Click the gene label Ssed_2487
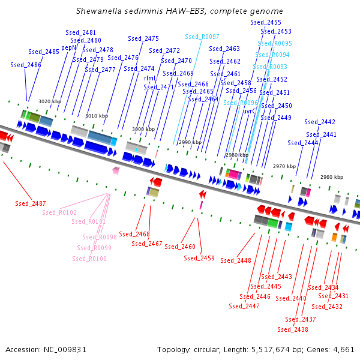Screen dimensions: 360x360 [x=31, y=203]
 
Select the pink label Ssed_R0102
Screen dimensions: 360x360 [x=59, y=212]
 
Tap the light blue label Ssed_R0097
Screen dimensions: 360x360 [x=202, y=37]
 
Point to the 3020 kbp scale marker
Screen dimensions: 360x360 [x=50, y=102]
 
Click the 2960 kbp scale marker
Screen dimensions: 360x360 [x=331, y=177]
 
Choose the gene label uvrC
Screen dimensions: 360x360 [x=250, y=111]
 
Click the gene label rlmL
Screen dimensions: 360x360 [x=151, y=78]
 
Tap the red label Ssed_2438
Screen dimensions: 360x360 [x=293, y=329]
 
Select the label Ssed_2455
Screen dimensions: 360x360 [x=266, y=22]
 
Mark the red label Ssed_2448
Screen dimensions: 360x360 [x=236, y=260]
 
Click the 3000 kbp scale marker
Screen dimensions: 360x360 [x=143, y=129]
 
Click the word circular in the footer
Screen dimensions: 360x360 [x=211, y=349]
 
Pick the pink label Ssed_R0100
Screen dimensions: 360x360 [x=89, y=259]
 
